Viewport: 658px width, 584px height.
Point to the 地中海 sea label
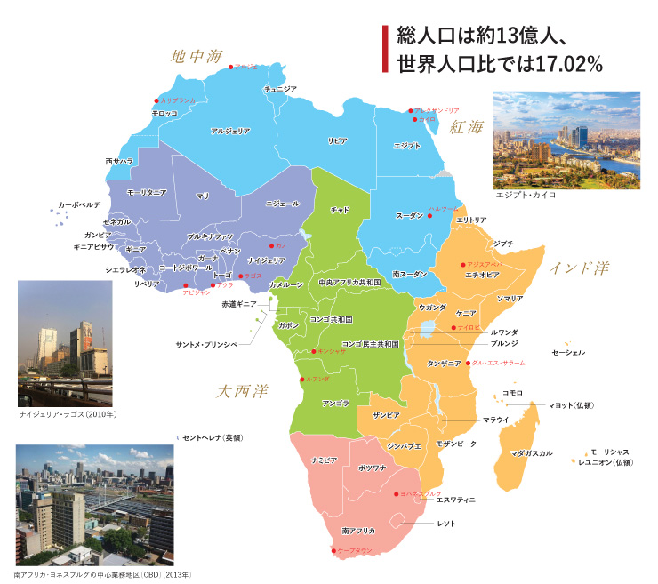(197, 58)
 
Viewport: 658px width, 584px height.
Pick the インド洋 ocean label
(579, 268)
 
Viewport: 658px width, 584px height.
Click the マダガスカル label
(532, 453)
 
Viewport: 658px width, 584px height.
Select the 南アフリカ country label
(357, 531)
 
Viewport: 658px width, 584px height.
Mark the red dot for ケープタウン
(331, 553)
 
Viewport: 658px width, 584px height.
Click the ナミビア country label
(323, 460)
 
